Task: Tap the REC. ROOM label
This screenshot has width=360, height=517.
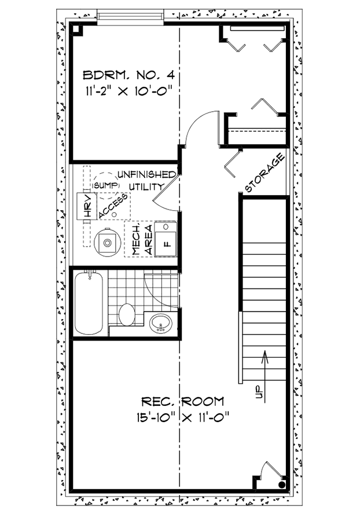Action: (183, 401)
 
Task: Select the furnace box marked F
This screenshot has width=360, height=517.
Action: (167, 238)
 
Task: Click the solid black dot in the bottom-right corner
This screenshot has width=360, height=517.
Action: (282, 484)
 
